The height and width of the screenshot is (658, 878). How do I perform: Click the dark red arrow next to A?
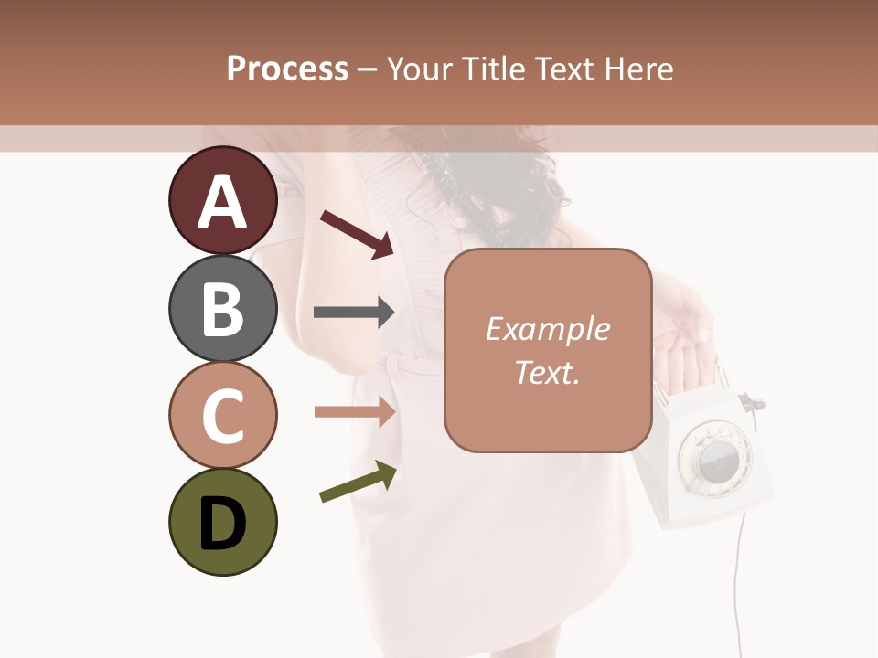click(x=357, y=233)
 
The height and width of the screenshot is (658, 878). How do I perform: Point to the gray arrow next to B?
click(x=354, y=313)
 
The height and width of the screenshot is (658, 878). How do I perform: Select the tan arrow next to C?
click(x=354, y=411)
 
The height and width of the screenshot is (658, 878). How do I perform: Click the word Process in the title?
click(x=287, y=69)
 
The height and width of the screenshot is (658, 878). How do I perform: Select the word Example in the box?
click(x=547, y=329)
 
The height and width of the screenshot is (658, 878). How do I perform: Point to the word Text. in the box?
click(x=547, y=372)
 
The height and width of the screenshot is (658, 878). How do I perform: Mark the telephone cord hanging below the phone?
click(x=740, y=585)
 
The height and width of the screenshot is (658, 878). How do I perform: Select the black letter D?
click(x=222, y=524)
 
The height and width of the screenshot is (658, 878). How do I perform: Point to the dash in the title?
click(x=368, y=70)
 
